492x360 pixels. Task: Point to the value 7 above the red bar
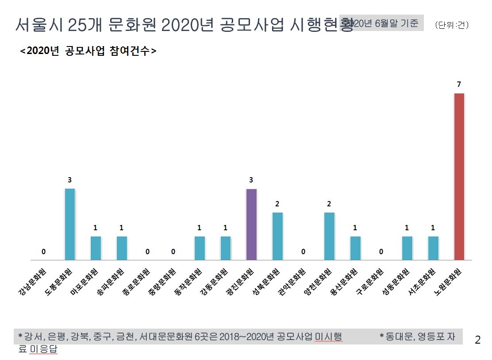pos(459,84)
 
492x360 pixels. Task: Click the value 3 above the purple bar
pos(251,180)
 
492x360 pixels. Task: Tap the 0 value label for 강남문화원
pos(44,252)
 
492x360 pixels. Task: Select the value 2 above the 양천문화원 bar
pos(329,204)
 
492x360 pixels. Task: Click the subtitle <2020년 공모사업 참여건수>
pos(88,50)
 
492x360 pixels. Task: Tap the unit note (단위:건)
pos(451,25)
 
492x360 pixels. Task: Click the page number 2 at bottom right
pos(477,340)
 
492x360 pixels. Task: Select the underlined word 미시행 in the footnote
pos(328,337)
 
